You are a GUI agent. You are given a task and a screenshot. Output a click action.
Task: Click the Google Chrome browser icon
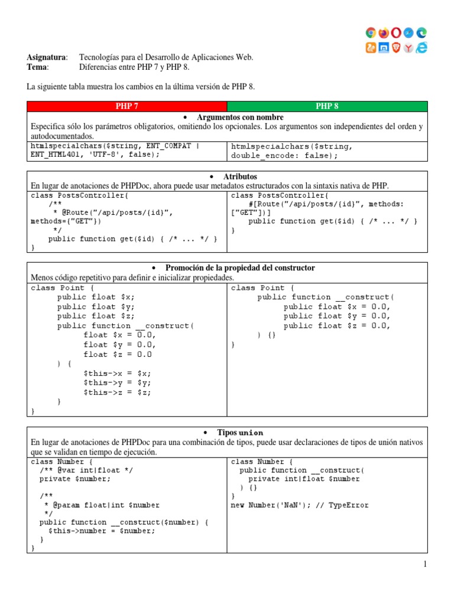pyautogui.click(x=371, y=33)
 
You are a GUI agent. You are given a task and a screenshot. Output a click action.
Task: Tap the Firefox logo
pyautogui.click(x=384, y=33)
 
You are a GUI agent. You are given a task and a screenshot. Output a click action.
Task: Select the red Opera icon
pyautogui.click(x=396, y=33)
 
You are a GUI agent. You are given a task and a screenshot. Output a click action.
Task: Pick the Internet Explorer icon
pyautogui.click(x=421, y=48)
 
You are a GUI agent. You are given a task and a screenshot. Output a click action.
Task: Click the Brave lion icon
pyautogui.click(x=396, y=48)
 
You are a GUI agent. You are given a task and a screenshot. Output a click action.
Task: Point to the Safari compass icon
pyautogui.click(x=408, y=33)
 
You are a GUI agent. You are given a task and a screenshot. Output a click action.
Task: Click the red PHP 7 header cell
pyautogui.click(x=127, y=107)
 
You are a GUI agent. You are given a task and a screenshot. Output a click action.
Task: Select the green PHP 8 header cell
pyautogui.click(x=327, y=107)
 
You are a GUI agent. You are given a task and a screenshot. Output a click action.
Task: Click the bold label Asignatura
pyautogui.click(x=46, y=57)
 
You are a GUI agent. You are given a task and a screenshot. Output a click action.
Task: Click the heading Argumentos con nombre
pyautogui.click(x=240, y=117)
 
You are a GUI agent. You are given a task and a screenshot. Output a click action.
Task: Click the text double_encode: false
pyautogui.click(x=284, y=156)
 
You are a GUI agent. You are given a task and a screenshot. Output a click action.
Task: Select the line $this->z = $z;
pyautogui.click(x=118, y=392)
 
